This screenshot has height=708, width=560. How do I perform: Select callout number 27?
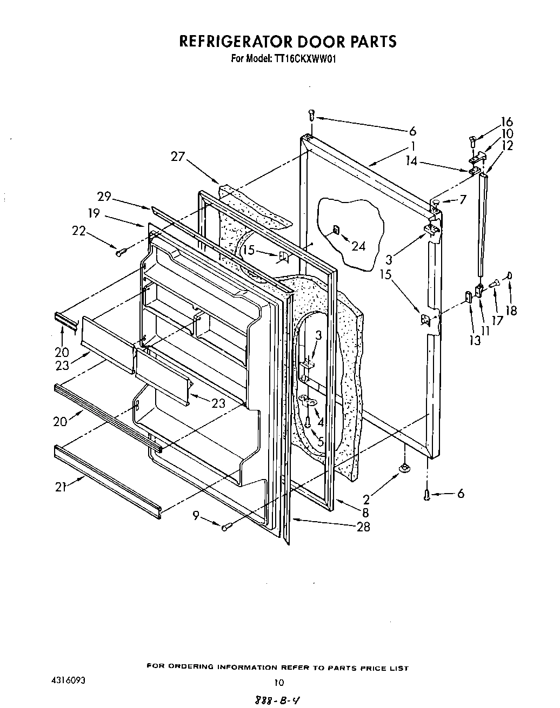[x=178, y=157]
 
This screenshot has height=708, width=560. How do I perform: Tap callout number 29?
[x=104, y=197]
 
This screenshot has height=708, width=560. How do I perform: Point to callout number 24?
[x=358, y=246]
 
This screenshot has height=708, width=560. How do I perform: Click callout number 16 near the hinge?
[x=506, y=122]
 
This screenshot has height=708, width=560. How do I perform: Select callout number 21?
[x=61, y=487]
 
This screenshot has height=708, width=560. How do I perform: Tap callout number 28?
[x=363, y=527]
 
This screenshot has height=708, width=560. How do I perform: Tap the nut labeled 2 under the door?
[x=403, y=468]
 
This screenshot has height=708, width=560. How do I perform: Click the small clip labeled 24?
[x=336, y=230]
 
